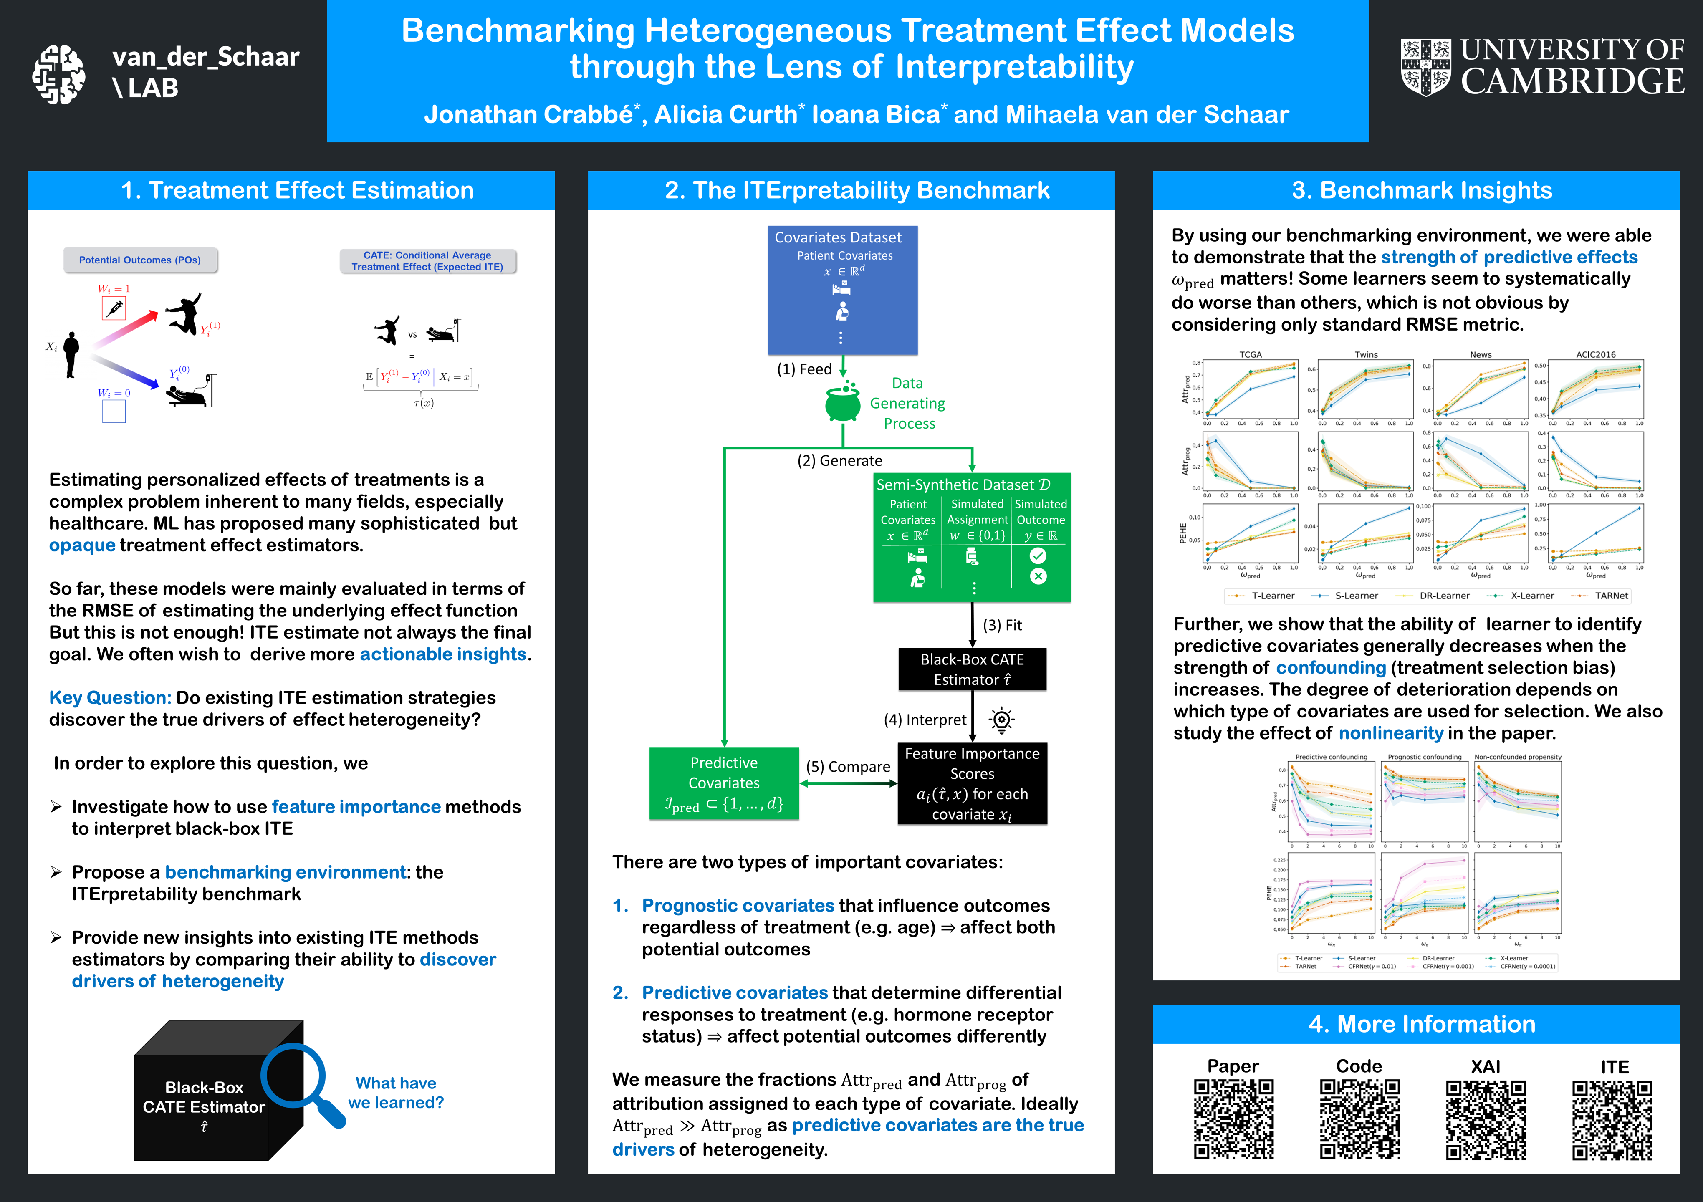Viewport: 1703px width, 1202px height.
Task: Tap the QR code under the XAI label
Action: point(1486,1120)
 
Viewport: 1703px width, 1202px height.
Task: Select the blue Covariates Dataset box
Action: point(843,289)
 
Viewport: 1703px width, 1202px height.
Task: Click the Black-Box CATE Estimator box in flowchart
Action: point(972,669)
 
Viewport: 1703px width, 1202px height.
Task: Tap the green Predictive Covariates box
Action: point(724,783)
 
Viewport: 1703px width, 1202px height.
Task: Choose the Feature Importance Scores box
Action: point(972,783)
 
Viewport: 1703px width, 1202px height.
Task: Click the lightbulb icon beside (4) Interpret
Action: point(1001,719)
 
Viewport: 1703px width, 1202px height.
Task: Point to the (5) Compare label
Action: point(848,767)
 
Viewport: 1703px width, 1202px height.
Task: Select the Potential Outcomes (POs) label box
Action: point(140,260)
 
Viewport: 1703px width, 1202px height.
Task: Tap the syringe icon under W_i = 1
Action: point(114,308)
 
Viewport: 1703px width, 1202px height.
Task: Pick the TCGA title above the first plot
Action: point(1251,354)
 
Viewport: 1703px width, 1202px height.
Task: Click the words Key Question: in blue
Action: point(110,698)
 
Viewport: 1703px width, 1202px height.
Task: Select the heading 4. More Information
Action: point(1421,1024)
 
